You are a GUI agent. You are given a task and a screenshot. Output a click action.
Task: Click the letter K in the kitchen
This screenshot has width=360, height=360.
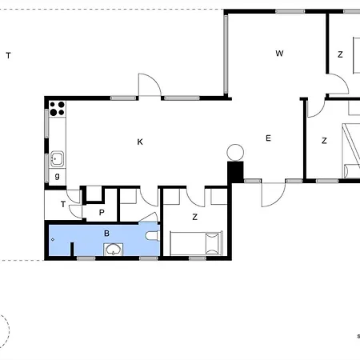click(x=140, y=142)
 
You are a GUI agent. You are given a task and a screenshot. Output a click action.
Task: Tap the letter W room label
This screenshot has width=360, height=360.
click(x=279, y=54)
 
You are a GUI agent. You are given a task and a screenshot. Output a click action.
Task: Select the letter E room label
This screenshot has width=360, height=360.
click(x=269, y=138)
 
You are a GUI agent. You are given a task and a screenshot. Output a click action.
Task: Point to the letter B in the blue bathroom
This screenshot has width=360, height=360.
click(x=106, y=234)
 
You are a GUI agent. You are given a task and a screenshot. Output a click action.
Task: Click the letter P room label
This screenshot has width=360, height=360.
click(x=102, y=212)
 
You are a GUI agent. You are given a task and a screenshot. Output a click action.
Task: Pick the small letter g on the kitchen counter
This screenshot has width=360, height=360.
click(x=57, y=175)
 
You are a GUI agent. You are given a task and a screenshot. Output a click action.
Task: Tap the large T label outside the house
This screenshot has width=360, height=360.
click(x=8, y=55)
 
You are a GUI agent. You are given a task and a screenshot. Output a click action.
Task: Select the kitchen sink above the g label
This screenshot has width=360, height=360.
click(x=57, y=158)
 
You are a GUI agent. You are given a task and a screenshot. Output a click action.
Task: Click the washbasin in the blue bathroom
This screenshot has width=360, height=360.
click(x=115, y=249)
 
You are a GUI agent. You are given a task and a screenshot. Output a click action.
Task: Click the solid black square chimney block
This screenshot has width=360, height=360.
click(x=235, y=171)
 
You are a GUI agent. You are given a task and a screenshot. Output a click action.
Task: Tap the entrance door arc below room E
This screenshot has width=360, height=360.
click(x=272, y=194)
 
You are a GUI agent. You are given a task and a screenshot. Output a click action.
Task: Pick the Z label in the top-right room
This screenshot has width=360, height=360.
click(x=340, y=54)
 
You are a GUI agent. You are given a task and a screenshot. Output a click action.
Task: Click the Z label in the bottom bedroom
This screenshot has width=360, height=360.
click(x=194, y=217)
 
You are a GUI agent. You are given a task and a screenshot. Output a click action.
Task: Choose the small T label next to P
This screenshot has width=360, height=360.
click(x=62, y=205)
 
